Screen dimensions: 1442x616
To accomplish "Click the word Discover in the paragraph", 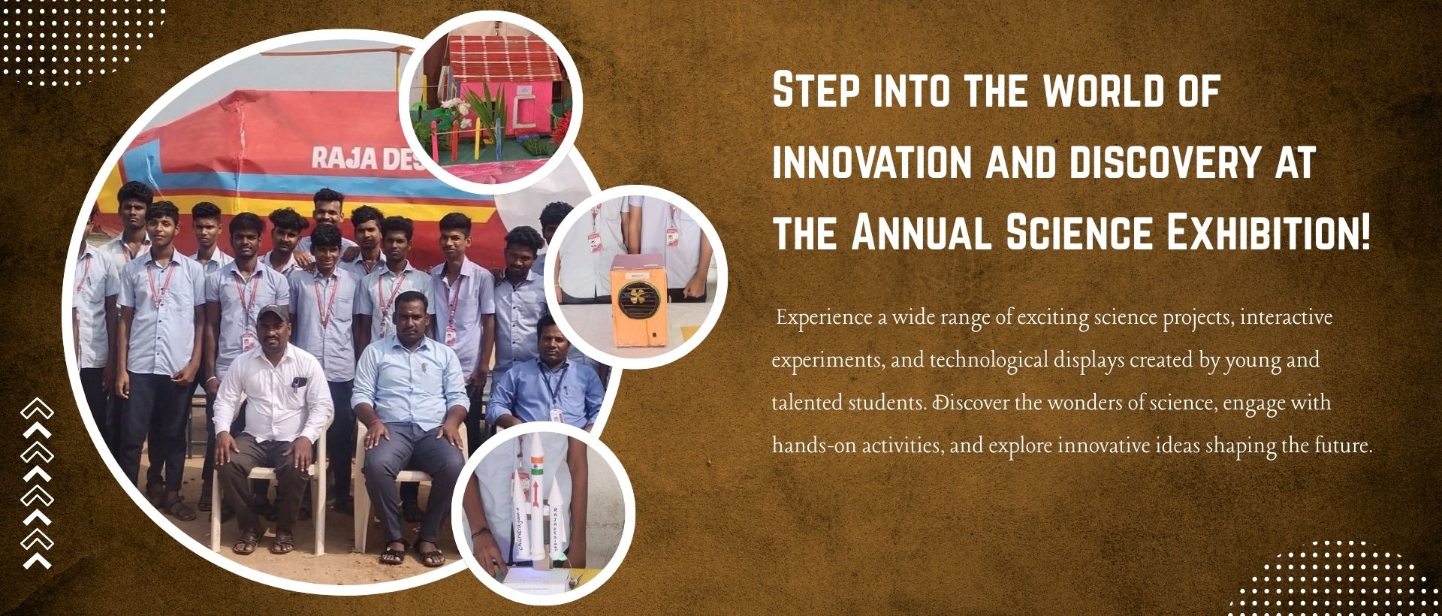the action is point(970,403).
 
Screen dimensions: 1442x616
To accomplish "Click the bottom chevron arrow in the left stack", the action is point(37,560).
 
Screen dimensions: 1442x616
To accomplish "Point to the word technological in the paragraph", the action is point(988,361).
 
